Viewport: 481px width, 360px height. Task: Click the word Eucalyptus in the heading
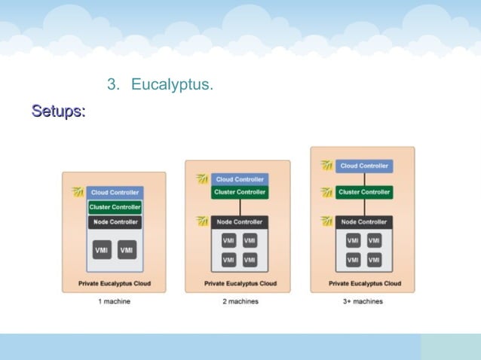[x=172, y=84]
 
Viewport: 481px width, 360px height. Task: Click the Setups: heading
[x=58, y=111]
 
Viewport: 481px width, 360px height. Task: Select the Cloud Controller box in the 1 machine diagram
[x=115, y=193]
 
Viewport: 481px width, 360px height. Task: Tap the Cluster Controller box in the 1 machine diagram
[x=115, y=207]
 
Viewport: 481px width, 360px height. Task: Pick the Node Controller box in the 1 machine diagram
[x=115, y=222]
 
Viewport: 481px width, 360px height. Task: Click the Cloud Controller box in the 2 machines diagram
[x=240, y=179]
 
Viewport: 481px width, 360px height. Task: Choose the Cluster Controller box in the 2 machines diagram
[x=240, y=192]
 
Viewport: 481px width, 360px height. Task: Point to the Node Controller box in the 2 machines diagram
[x=240, y=221]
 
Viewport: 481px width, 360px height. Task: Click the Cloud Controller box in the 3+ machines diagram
[x=365, y=166]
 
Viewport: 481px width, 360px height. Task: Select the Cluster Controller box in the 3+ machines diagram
[x=365, y=192]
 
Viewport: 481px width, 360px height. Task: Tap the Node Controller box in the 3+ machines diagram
[x=365, y=221]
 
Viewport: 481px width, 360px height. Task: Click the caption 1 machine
[x=115, y=301]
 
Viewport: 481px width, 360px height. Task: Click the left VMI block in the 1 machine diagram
[x=102, y=250]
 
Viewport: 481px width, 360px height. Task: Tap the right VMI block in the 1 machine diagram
[x=127, y=250]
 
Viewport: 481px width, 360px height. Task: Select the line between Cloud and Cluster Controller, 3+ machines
[x=365, y=179]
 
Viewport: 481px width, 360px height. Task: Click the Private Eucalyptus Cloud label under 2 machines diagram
[x=240, y=284]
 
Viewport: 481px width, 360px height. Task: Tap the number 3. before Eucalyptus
[x=113, y=84]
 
